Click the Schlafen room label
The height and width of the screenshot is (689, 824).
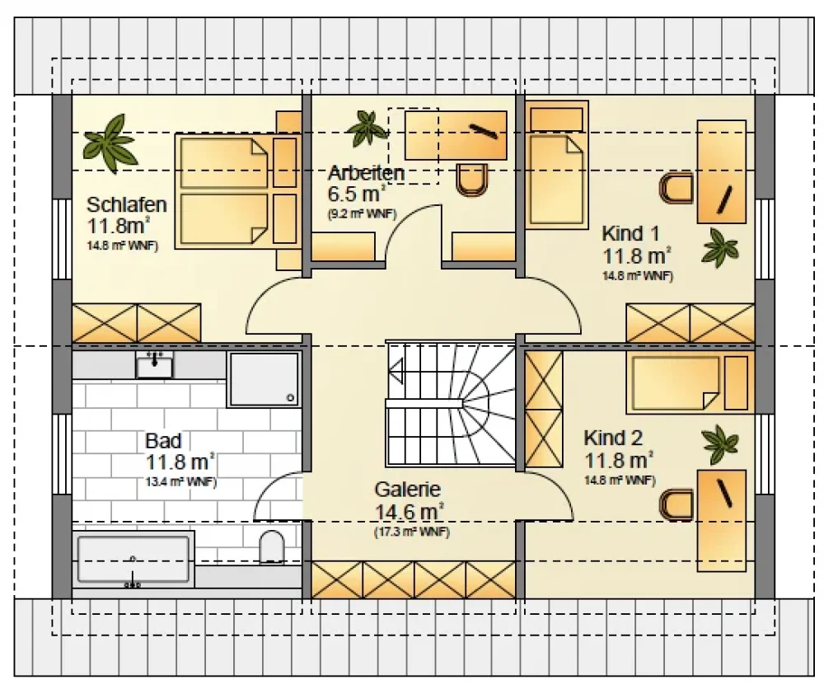(x=127, y=204)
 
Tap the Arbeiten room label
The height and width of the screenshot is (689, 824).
(x=367, y=173)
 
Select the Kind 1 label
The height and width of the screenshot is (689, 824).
(x=630, y=233)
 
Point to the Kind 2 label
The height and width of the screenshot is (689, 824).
(x=613, y=438)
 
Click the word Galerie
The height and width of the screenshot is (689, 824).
(x=407, y=490)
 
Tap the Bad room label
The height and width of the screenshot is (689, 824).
(x=163, y=440)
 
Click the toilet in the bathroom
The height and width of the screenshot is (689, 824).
(x=272, y=546)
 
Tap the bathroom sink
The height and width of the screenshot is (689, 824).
(x=154, y=365)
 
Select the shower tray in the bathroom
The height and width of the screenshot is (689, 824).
(x=264, y=379)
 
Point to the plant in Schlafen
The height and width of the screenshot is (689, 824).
(x=110, y=143)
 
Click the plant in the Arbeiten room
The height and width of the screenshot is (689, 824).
(x=368, y=128)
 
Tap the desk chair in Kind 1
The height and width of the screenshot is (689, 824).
(x=677, y=188)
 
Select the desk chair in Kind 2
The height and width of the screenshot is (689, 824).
(x=677, y=505)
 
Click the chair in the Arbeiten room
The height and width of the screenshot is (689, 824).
(x=472, y=180)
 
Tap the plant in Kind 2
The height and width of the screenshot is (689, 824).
(x=720, y=444)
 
